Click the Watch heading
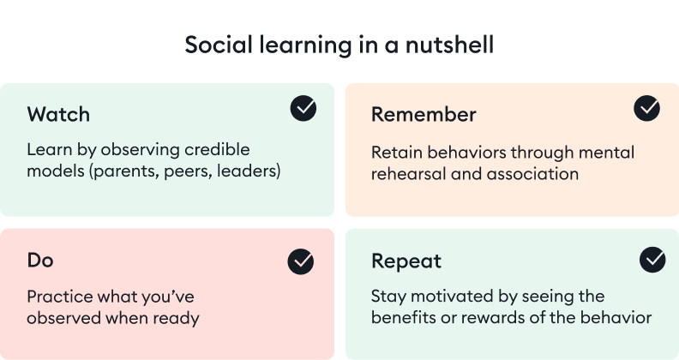58,115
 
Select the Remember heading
424,115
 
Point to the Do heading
40,260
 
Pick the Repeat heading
407,260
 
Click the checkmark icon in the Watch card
303,108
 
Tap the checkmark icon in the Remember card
646,108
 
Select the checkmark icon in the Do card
301,261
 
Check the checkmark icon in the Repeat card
652,259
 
